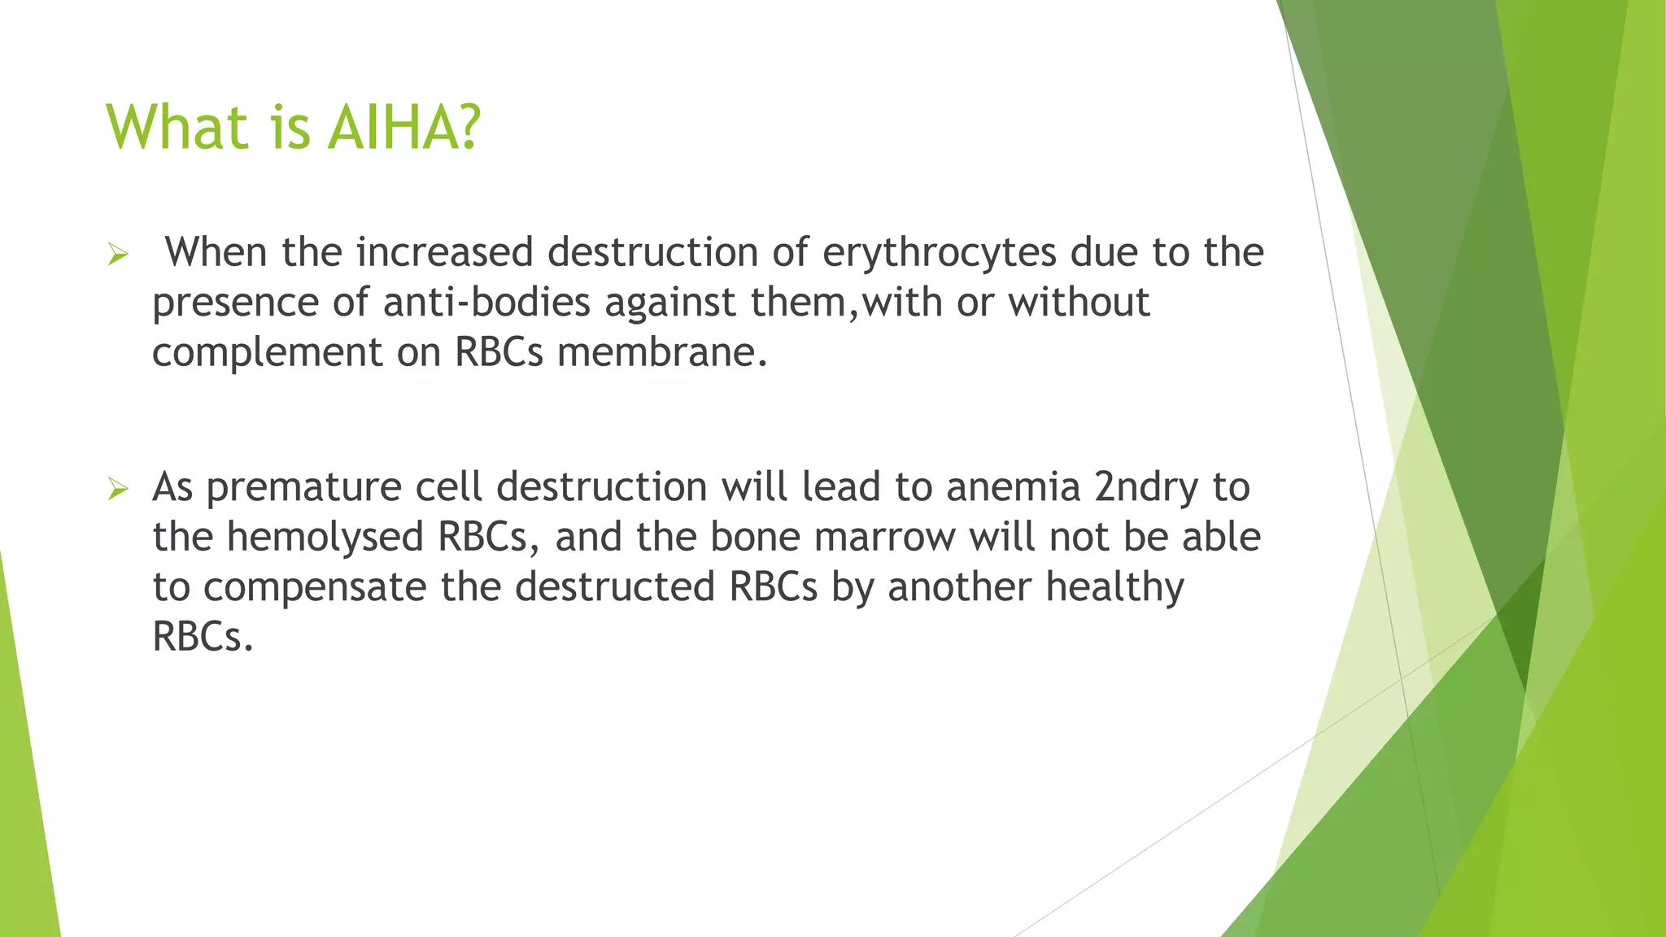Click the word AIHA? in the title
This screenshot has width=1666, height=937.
click(x=404, y=128)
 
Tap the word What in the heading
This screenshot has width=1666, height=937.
click(x=177, y=128)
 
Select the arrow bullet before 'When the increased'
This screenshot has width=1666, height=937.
click(x=118, y=255)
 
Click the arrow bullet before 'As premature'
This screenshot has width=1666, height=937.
click(x=118, y=490)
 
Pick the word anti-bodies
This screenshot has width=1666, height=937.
click(x=486, y=303)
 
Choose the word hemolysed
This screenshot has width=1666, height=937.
click(x=325, y=537)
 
